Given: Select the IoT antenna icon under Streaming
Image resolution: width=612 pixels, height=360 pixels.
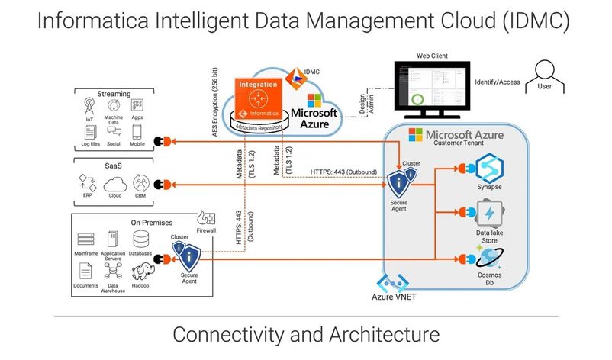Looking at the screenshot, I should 90,105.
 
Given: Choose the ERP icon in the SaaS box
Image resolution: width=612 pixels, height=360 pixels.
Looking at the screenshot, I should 89,183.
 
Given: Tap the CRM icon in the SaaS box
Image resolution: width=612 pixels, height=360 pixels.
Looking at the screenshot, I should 140,183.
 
